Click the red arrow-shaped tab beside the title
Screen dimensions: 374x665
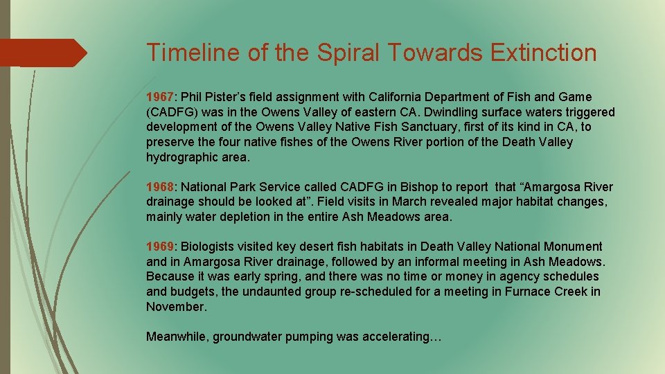pyautogui.click(x=43, y=53)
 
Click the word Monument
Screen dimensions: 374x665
pyautogui.click(x=574, y=247)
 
